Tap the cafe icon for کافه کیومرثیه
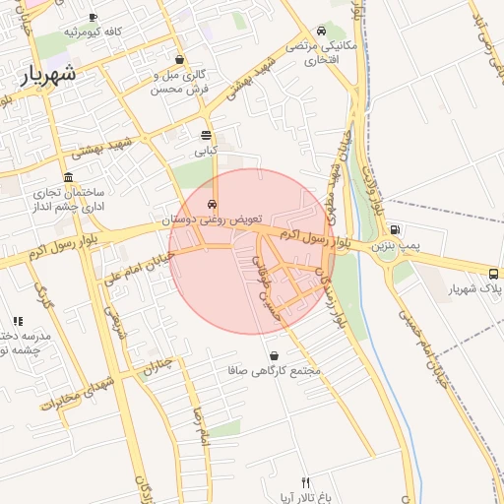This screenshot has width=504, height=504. tap(93, 18)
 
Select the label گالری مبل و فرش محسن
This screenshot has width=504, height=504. tap(178, 82)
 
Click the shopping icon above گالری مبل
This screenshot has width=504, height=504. tap(178, 58)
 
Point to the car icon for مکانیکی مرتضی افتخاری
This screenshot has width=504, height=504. tap(323, 30)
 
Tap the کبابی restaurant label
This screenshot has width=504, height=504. tap(205, 151)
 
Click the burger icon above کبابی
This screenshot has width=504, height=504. tap(205, 136)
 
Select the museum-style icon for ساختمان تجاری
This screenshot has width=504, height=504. tap(67, 177)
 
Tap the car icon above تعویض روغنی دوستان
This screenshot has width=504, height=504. tap(212, 204)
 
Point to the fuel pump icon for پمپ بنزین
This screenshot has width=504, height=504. tap(395, 228)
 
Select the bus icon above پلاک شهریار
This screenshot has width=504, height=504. tap(492, 272)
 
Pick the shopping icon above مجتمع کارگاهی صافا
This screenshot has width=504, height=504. tap(273, 355)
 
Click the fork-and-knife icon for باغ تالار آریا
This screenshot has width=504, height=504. tap(305, 482)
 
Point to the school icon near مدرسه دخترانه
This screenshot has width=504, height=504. tap(18, 320)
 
